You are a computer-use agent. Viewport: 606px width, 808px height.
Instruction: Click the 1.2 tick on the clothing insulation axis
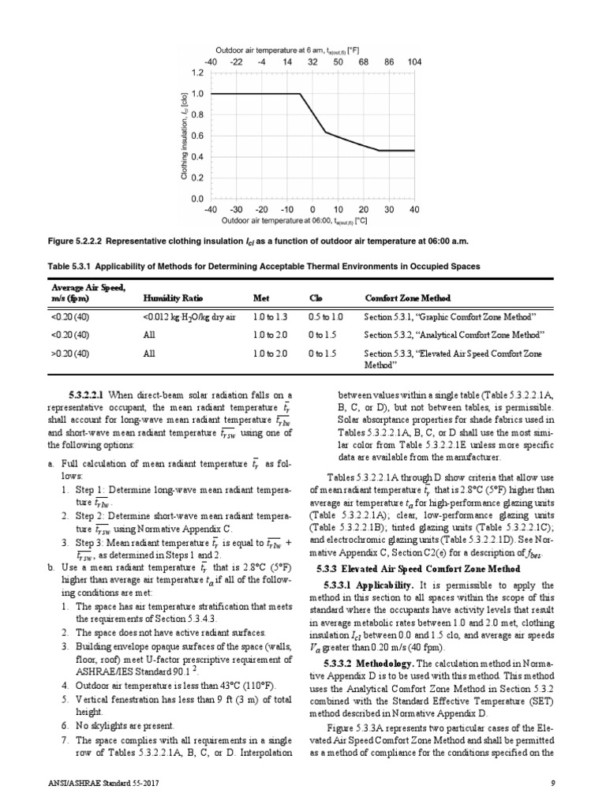197,72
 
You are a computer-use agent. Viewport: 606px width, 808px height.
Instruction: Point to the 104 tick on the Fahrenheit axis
414,61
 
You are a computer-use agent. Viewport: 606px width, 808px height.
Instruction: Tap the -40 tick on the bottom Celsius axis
211,210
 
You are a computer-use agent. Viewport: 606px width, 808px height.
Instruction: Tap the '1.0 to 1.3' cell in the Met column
268,316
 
